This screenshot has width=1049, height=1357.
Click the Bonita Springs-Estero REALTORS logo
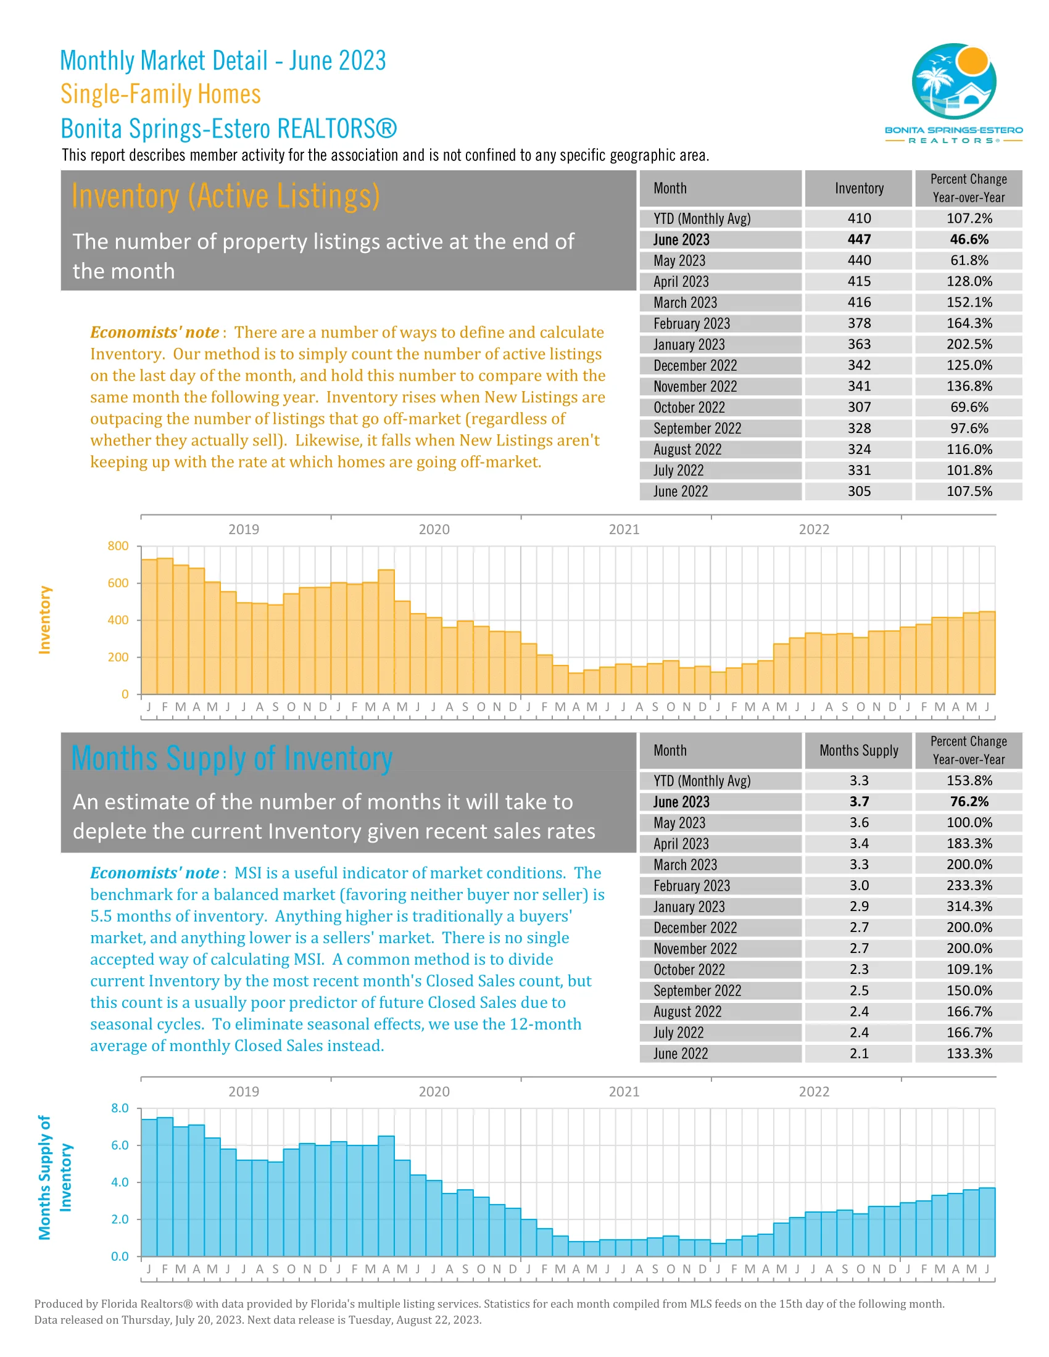953,92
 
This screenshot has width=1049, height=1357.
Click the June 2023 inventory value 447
859,240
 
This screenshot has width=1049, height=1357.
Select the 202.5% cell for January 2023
969,344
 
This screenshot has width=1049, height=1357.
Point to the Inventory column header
859,188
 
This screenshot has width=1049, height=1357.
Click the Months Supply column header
859,751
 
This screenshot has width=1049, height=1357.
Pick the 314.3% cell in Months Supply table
969,907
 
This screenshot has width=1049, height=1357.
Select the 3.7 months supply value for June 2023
859,801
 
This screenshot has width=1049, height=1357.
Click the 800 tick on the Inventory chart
118,546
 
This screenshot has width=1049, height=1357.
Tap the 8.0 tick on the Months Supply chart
120,1108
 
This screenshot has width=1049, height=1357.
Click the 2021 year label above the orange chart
623,529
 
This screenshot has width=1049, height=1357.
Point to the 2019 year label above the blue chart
244,1092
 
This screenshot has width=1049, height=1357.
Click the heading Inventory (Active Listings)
226,196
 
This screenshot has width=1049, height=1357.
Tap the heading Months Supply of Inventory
232,759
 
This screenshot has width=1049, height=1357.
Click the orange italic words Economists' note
155,332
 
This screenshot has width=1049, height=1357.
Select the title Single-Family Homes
160,94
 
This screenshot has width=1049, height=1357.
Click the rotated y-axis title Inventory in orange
45,619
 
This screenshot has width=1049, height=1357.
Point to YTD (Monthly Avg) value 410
859,219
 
